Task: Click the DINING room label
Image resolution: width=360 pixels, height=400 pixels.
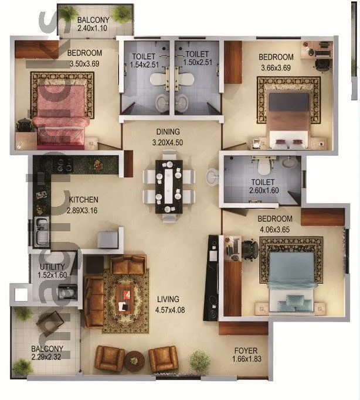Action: [168, 132]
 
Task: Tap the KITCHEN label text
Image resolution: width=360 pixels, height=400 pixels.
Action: [83, 199]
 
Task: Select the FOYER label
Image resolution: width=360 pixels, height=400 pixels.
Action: [244, 351]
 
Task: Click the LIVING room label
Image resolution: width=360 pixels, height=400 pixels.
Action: [168, 299]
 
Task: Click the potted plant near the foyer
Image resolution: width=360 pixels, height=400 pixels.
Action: [200, 360]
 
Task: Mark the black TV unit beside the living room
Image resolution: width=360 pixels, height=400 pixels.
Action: [211, 278]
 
